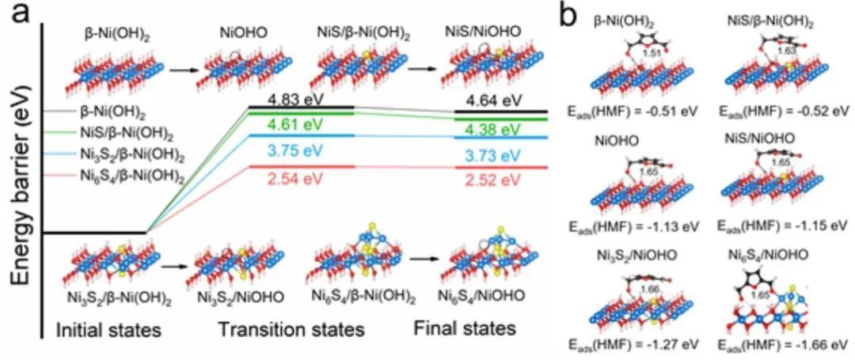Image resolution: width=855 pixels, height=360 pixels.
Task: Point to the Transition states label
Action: tap(291, 328)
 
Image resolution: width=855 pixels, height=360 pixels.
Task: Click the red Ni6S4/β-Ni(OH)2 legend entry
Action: tap(127, 179)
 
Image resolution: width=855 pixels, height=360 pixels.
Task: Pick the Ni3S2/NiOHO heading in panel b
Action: tap(630, 256)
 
